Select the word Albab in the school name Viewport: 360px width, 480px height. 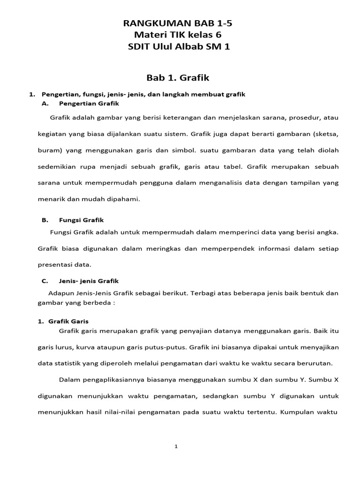click(196, 46)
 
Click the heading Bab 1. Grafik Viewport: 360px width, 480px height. click(180, 77)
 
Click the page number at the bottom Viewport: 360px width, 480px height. click(176, 447)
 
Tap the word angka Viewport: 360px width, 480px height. click(327, 232)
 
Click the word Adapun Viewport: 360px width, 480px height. click(60, 293)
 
